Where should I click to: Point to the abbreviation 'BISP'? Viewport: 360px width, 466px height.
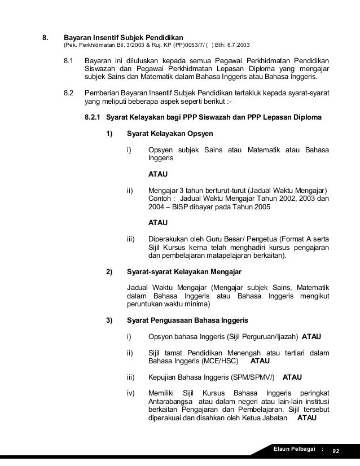tap(183, 207)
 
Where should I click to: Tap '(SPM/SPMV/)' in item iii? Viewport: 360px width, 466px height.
tap(251, 377)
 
